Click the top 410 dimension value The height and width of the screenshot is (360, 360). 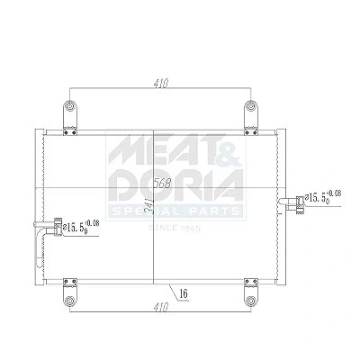pyautogui.click(x=161, y=84)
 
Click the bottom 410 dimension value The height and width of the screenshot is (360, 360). pyautogui.click(x=161, y=307)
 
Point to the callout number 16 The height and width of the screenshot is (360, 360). pyautogui.click(x=184, y=293)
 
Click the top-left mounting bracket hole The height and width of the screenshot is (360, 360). pyautogui.click(x=70, y=106)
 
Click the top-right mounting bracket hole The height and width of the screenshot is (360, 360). pyautogui.click(x=250, y=106)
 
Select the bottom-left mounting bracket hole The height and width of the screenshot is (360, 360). pyautogui.click(x=70, y=301)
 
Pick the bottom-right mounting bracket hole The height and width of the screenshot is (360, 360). pyautogui.click(x=250, y=301)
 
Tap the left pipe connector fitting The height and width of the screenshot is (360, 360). pyautogui.click(x=58, y=227)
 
